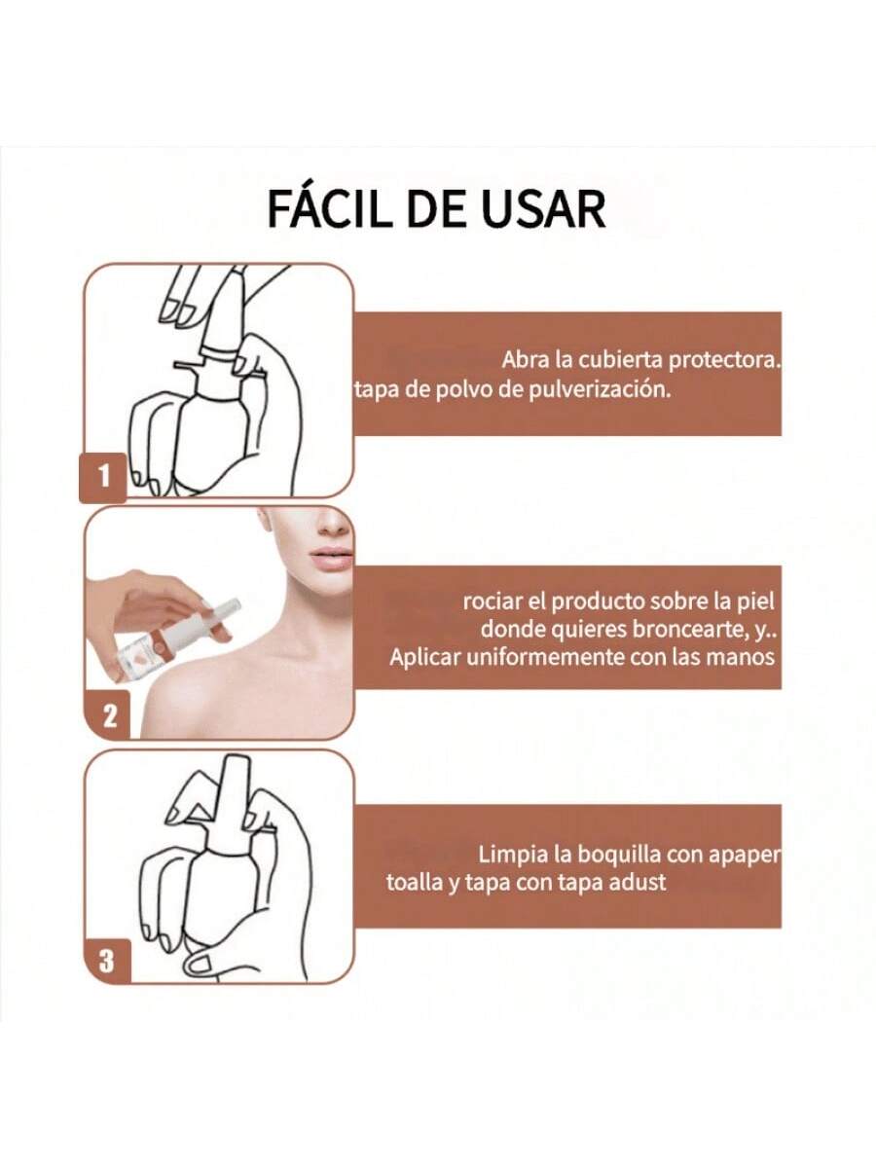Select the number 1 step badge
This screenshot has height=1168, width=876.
point(103,477)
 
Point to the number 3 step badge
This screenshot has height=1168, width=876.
point(107,960)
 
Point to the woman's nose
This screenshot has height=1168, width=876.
point(334,524)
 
